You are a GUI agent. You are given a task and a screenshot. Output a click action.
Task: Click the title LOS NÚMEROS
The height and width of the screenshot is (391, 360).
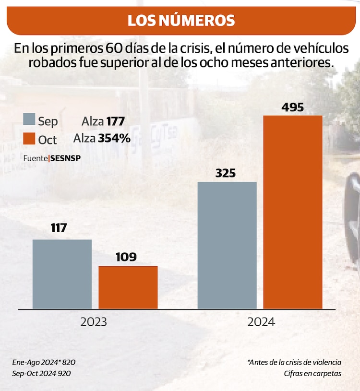[x=180, y=20]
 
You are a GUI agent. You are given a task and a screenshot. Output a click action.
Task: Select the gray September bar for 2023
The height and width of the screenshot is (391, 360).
[x=62, y=274]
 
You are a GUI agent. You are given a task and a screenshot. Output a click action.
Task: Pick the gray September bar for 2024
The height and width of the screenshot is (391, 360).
[x=227, y=245]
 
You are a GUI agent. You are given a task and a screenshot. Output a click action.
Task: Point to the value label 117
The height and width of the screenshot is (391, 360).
[x=59, y=228]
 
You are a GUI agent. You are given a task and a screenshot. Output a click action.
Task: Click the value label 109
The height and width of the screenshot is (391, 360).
[x=126, y=257]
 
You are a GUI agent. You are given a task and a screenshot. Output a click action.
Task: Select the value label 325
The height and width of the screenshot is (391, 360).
[x=226, y=173]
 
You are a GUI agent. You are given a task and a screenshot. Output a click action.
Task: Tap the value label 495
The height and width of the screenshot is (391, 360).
[x=292, y=107]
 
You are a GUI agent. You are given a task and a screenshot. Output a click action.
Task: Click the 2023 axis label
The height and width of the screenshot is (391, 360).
[x=94, y=322]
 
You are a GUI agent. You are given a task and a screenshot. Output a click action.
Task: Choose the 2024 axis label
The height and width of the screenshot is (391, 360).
[x=261, y=322]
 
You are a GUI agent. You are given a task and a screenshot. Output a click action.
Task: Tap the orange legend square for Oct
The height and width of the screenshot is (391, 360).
[x=29, y=139]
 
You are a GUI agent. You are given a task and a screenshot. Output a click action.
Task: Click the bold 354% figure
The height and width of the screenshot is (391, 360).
[x=114, y=139]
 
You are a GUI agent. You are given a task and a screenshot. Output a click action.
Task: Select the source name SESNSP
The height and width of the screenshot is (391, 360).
[x=65, y=158]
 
